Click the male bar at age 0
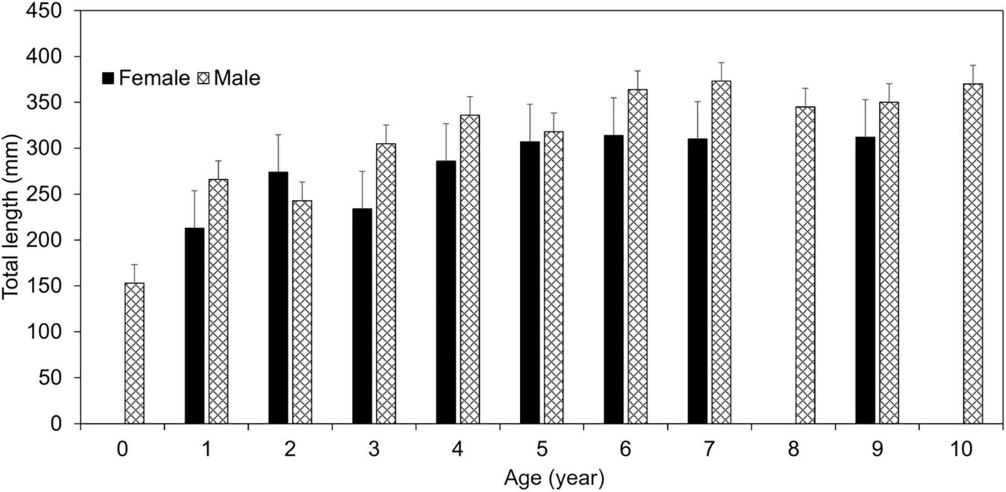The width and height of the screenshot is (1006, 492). [x=134, y=353]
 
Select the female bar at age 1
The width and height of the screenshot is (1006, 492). [x=195, y=326]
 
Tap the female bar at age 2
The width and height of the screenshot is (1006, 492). [x=278, y=298]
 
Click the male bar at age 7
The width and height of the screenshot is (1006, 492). [x=722, y=252]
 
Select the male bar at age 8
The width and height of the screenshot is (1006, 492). [x=805, y=265]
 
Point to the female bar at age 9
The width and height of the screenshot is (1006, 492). [x=865, y=280]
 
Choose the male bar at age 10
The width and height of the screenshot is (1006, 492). [x=973, y=253]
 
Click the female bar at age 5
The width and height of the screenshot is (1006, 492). [x=529, y=282]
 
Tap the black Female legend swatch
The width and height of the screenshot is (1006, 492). [x=108, y=78]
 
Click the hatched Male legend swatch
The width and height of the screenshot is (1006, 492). [x=202, y=78]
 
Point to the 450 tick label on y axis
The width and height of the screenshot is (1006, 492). [x=46, y=11]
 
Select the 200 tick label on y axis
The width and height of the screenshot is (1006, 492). [x=46, y=241]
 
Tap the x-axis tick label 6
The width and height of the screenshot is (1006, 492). [x=625, y=449]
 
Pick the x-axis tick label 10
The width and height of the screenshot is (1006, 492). [x=961, y=449]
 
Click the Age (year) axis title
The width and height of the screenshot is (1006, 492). [x=554, y=479]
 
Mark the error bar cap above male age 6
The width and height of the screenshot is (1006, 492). [x=638, y=70]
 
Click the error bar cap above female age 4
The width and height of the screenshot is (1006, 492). [x=446, y=123]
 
